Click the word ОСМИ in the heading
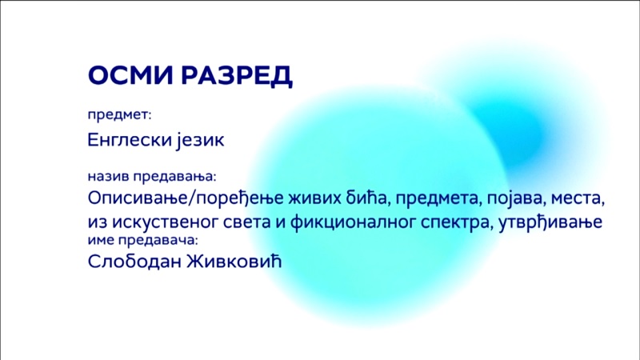pyautogui.click(x=130, y=75)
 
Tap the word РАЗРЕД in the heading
pyautogui.click(x=237, y=76)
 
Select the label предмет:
pyautogui.click(x=119, y=115)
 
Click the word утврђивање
pyautogui.click(x=550, y=222)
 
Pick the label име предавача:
pyautogui.click(x=143, y=240)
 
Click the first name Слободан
pyautogui.click(x=134, y=262)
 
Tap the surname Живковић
pyautogui.click(x=234, y=261)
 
